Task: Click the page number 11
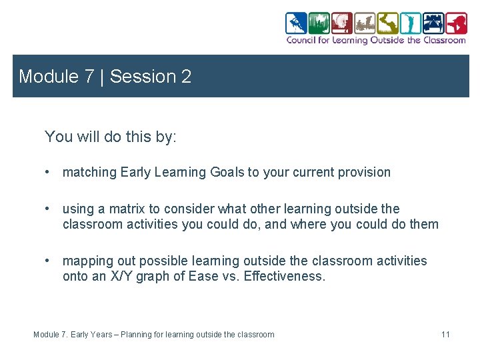445,334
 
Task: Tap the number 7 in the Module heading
89,77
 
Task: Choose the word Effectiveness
285,276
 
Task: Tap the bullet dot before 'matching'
48,172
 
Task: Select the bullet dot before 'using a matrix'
48,209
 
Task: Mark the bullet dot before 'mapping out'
48,261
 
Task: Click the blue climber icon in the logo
296,23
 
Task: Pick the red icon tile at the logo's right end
456,23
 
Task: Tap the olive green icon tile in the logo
387,23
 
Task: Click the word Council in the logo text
302,40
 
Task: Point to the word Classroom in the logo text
445,40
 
